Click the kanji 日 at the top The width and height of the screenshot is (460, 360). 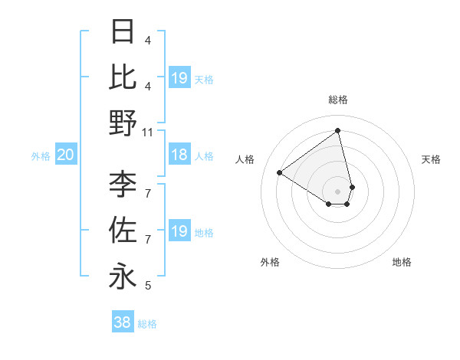point(123,31)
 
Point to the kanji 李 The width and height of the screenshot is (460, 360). point(123,184)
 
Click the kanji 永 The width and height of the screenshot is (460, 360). point(123,276)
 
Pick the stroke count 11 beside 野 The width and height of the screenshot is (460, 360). point(149,132)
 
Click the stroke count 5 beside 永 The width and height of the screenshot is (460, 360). point(148,286)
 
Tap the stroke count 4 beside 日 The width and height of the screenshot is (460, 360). point(148,40)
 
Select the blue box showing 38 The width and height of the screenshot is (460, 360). point(123,323)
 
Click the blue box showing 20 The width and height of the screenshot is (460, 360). point(65,155)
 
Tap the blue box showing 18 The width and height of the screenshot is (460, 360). point(179,155)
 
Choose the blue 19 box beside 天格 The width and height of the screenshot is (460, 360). point(179,78)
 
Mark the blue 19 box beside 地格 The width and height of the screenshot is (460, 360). point(179,231)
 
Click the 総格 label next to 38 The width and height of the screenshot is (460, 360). point(147,324)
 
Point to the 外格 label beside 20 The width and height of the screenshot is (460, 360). point(41,156)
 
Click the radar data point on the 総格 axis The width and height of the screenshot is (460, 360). point(338,131)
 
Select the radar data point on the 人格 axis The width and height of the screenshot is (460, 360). point(280,172)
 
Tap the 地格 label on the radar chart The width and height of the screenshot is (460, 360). point(402,262)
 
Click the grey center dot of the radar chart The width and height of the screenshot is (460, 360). point(338,191)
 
